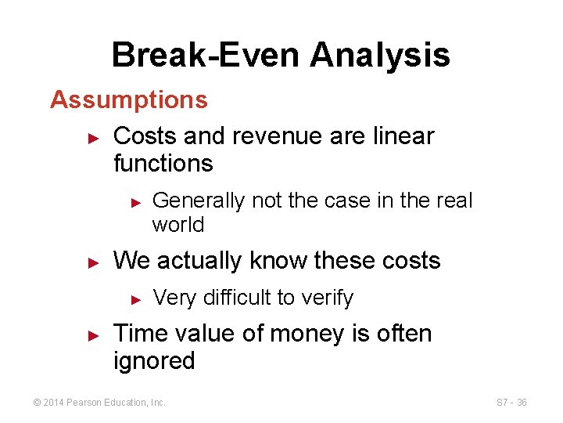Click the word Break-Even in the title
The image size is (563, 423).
(206, 56)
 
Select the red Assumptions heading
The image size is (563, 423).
(129, 100)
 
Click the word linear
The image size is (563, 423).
(402, 136)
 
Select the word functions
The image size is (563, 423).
(163, 164)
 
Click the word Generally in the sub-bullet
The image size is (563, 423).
(199, 201)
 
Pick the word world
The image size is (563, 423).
(178, 225)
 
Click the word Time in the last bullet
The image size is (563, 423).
(139, 334)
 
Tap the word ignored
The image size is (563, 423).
(153, 361)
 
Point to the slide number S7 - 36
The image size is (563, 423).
(511, 403)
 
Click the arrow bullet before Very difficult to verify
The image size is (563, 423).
(135, 298)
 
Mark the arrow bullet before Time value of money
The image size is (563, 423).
(93, 334)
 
